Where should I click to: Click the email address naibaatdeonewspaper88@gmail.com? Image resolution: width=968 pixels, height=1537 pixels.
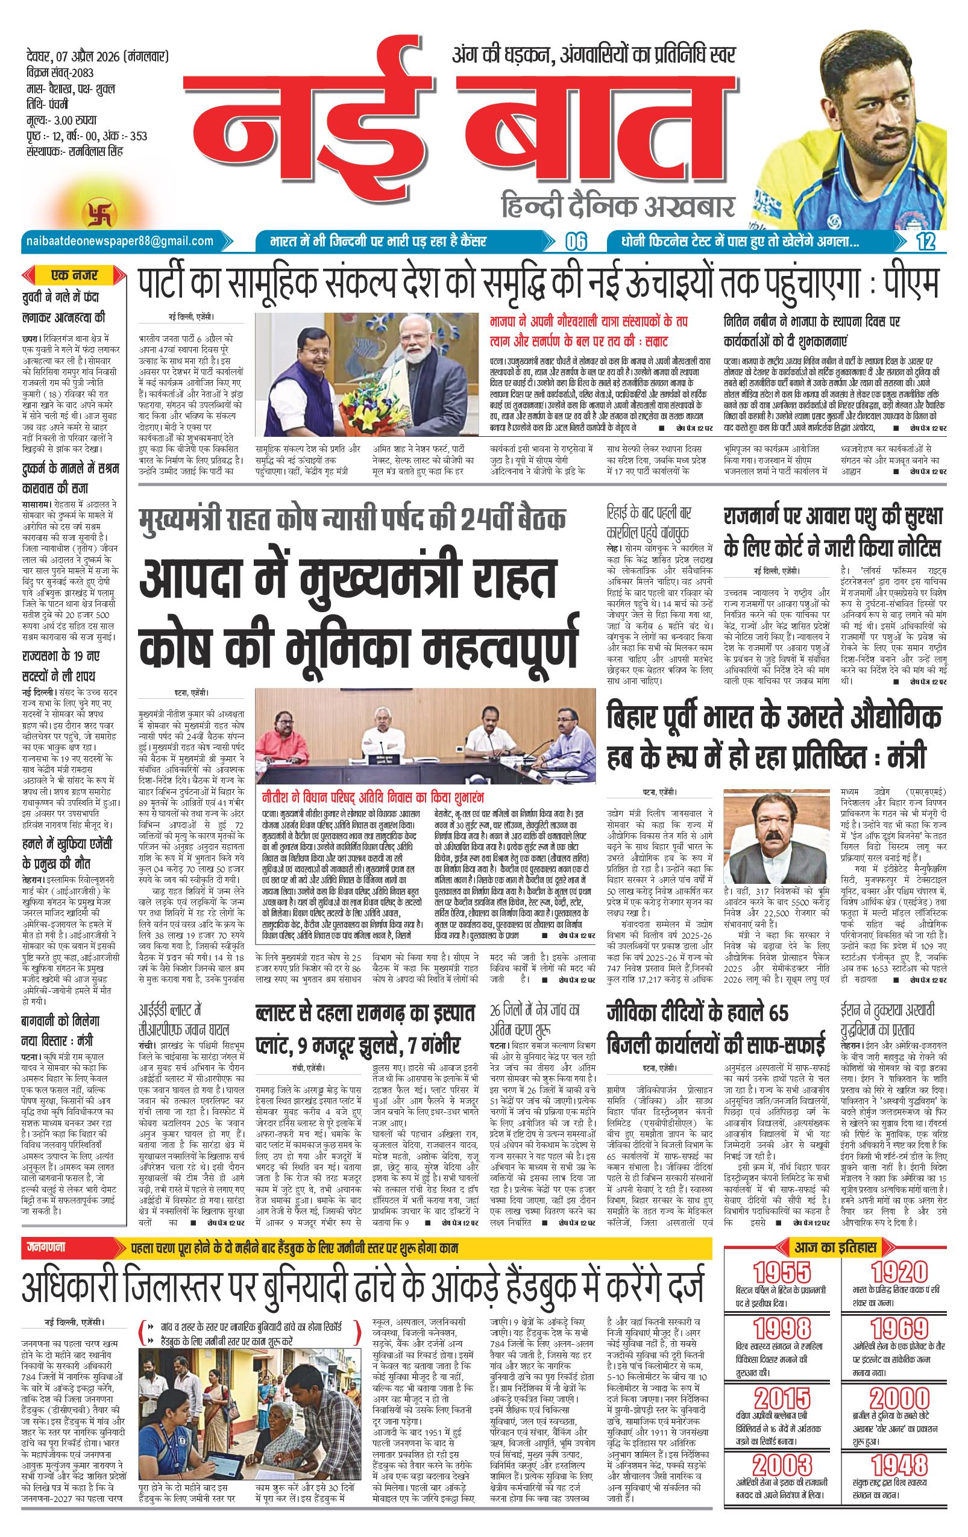(118, 240)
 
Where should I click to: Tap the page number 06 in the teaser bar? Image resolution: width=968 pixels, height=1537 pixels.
(575, 242)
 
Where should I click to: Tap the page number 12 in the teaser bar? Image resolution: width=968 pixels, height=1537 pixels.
(925, 242)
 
